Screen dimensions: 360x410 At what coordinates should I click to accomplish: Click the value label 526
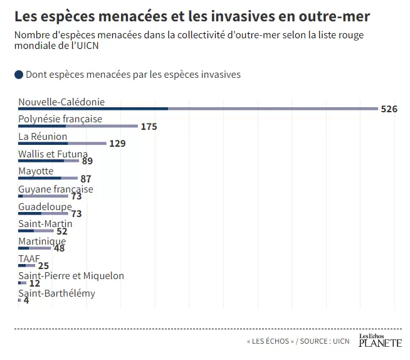[389, 109]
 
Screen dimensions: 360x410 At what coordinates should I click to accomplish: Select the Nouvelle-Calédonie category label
[61, 102]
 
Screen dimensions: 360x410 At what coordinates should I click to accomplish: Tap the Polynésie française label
[60, 119]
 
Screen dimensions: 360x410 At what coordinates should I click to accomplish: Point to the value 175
[149, 127]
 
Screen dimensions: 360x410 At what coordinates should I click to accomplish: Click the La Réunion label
[43, 137]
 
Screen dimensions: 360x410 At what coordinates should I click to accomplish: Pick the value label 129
[117, 144]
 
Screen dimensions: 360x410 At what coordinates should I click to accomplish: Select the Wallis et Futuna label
[53, 154]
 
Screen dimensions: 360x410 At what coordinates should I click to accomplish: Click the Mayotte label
[36, 171]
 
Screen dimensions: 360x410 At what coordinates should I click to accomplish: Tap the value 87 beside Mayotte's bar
[86, 179]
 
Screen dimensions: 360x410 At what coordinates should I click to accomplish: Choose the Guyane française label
[56, 189]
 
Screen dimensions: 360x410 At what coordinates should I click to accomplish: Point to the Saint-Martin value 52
[61, 231]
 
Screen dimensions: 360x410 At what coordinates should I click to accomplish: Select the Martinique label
[42, 241]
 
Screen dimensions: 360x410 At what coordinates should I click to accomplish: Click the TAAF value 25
[43, 266]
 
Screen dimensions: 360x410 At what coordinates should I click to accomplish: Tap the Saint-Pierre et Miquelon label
[71, 276]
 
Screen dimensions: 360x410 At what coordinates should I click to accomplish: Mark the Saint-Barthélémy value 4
[26, 301]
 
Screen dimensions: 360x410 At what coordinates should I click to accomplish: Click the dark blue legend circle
[19, 75]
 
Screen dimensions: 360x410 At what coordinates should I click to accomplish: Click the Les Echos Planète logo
[380, 341]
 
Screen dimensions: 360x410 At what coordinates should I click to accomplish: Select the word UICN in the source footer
[340, 341]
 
